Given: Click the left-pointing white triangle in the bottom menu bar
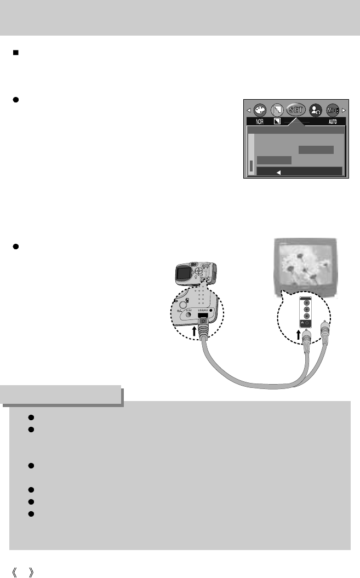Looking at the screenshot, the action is click(x=278, y=171).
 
